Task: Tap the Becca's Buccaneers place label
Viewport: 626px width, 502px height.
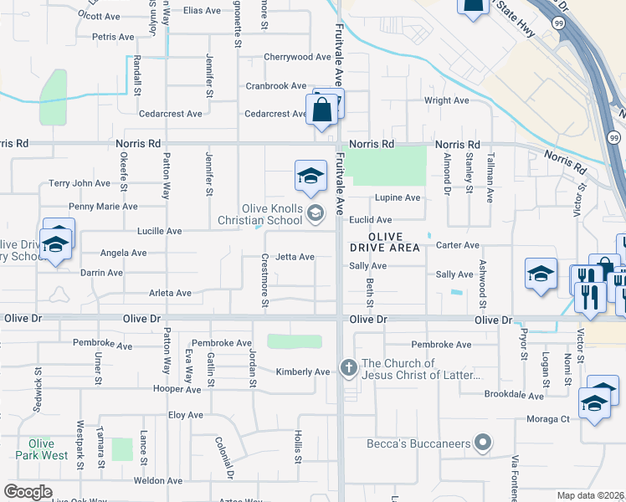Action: point(417,443)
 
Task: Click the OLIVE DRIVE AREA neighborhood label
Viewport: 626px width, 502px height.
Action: point(386,243)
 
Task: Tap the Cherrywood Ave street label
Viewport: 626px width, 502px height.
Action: point(298,57)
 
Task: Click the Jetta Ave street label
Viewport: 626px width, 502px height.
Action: point(295,257)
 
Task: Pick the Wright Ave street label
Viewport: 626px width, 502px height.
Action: point(447,100)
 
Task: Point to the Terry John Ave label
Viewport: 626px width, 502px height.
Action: point(80,183)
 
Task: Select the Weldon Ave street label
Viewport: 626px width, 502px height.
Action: point(158,481)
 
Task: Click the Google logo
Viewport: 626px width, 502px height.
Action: point(28,492)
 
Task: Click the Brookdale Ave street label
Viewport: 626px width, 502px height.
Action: point(513,393)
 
